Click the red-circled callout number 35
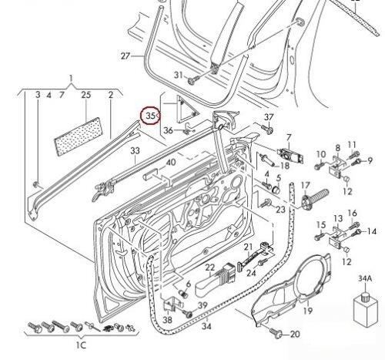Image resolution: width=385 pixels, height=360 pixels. pyautogui.click(x=151, y=116)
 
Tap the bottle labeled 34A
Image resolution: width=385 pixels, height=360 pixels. pyautogui.click(x=365, y=309)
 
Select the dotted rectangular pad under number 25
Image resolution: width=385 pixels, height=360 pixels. pyautogui.click(x=79, y=136)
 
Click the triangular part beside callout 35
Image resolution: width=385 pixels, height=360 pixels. pyautogui.click(x=186, y=109)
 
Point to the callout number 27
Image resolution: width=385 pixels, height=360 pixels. pyautogui.click(x=126, y=56)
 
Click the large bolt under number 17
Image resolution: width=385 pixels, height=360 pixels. pyautogui.click(x=315, y=198)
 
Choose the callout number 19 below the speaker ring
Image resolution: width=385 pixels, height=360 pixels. pyautogui.click(x=308, y=311)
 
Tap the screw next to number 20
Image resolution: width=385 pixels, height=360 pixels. pyautogui.click(x=276, y=332)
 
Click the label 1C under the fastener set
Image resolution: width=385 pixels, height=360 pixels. pyautogui.click(x=81, y=345)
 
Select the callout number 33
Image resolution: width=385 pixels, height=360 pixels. pyautogui.click(x=135, y=150)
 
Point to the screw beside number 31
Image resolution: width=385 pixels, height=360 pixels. pyautogui.click(x=193, y=80)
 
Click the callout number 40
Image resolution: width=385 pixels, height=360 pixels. pyautogui.click(x=171, y=163)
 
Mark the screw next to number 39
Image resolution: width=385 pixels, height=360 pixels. pyautogui.click(x=188, y=314)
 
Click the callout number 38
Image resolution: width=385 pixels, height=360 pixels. pyautogui.click(x=168, y=320)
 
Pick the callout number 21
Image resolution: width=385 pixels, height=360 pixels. pyautogui.click(x=248, y=247)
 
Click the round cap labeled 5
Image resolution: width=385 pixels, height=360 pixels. pyautogui.click(x=276, y=190)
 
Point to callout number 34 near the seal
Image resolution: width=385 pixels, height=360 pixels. pyautogui.click(x=206, y=326)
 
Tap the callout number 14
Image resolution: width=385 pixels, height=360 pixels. pyautogui.click(x=371, y=231)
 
